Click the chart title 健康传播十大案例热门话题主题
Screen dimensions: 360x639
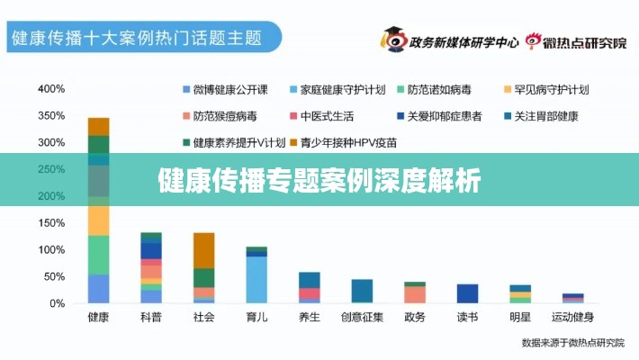click(135, 40)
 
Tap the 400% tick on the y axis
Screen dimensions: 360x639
click(51, 89)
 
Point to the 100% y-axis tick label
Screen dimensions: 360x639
click(51, 249)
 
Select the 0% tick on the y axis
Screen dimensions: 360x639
click(57, 303)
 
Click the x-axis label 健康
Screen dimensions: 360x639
click(98, 317)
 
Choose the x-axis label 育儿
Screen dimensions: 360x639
click(256, 317)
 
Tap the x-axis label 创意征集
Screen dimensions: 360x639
click(362, 317)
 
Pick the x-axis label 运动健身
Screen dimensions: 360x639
click(572, 317)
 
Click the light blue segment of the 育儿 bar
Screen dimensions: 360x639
click(256, 279)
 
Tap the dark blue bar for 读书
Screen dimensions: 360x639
click(467, 293)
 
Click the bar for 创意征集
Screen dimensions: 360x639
click(362, 291)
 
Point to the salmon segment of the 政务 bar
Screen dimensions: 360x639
click(415, 294)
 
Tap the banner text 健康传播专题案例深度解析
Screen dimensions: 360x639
click(319, 180)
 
